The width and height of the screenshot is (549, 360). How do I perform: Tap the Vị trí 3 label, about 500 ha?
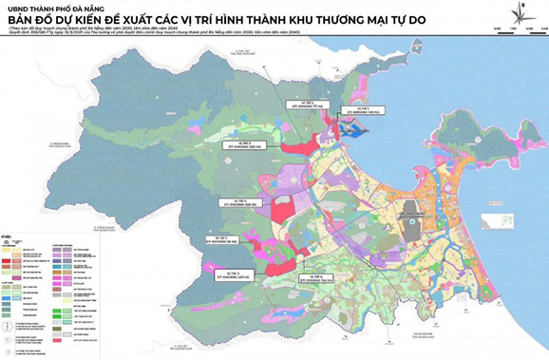pos(241,145)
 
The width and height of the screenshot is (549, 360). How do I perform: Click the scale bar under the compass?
pos(519,28)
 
